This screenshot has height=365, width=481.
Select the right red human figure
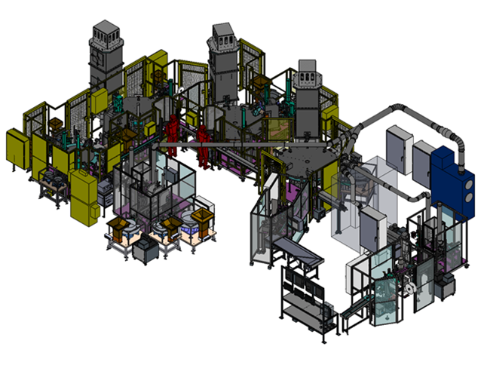pyautogui.click(x=203, y=143)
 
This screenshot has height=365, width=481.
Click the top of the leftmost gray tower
pyautogui.click(x=105, y=32)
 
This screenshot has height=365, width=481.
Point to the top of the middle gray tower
pyautogui.click(x=224, y=32)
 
